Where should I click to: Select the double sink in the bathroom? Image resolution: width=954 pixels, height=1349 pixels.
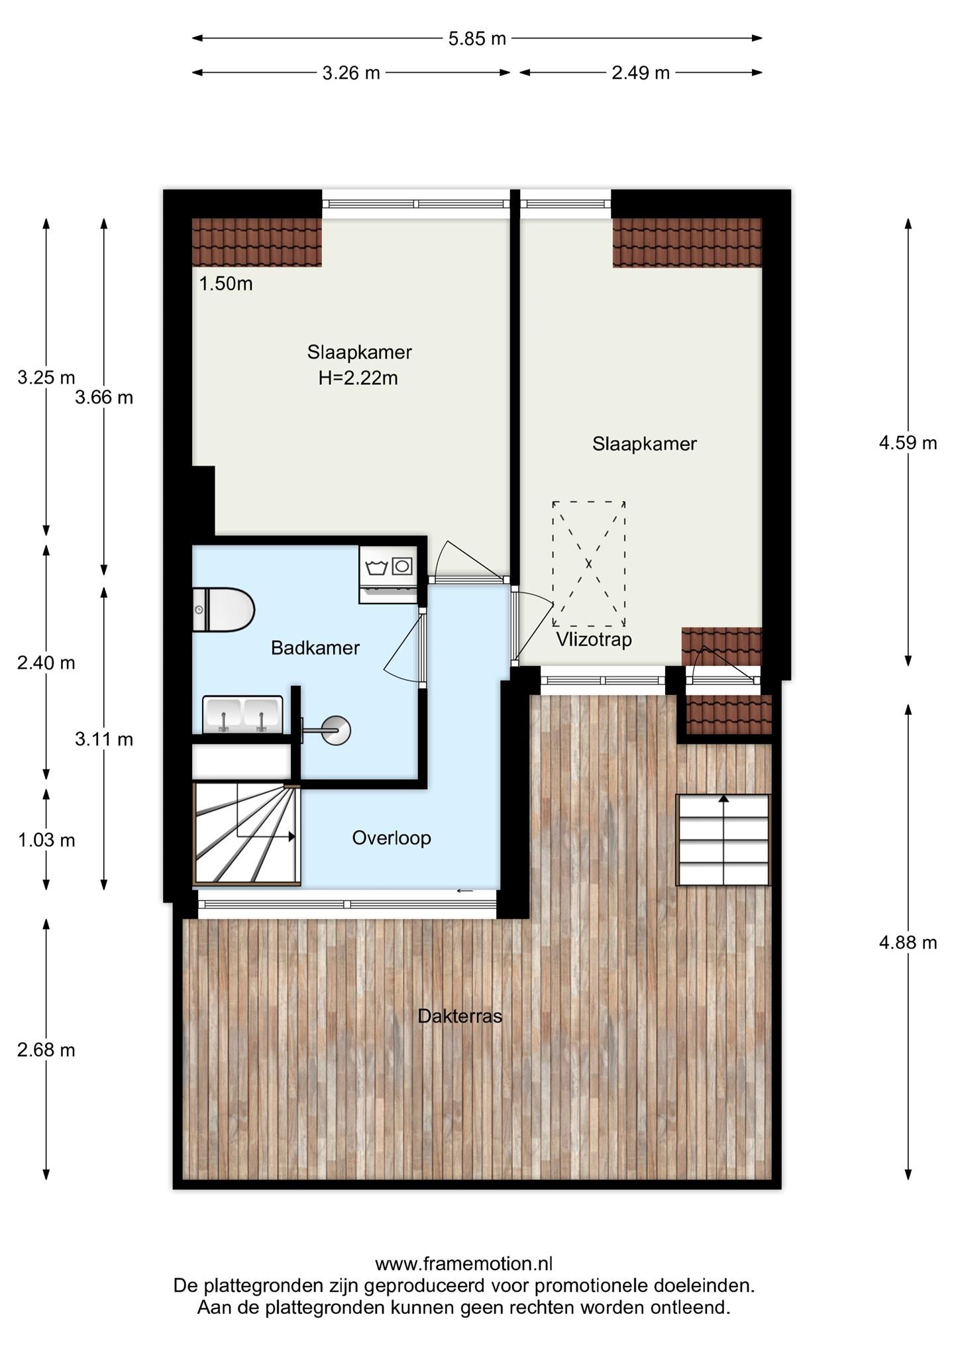(242, 715)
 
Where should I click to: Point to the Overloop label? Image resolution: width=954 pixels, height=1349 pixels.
(391, 837)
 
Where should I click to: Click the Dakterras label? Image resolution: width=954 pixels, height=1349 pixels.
(460, 1016)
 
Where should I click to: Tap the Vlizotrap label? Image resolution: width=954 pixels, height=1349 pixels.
(594, 639)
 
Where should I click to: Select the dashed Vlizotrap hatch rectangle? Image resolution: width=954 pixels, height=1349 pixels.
(588, 563)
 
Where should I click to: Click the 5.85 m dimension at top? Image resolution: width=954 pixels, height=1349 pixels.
(477, 38)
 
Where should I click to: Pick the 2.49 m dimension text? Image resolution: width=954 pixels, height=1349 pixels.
(640, 73)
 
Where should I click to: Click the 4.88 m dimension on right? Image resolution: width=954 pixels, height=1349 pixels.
(908, 942)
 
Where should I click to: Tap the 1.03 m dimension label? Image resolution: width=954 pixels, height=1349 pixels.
(46, 840)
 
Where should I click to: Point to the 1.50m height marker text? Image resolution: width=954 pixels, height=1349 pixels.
(226, 284)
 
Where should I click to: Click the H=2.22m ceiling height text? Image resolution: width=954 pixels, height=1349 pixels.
(358, 378)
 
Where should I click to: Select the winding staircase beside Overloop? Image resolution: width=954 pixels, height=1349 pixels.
(246, 835)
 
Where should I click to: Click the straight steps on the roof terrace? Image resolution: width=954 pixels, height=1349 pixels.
(723, 839)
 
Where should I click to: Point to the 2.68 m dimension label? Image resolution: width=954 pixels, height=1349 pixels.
(46, 1050)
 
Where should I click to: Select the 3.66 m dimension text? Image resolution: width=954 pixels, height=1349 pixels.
(104, 398)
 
